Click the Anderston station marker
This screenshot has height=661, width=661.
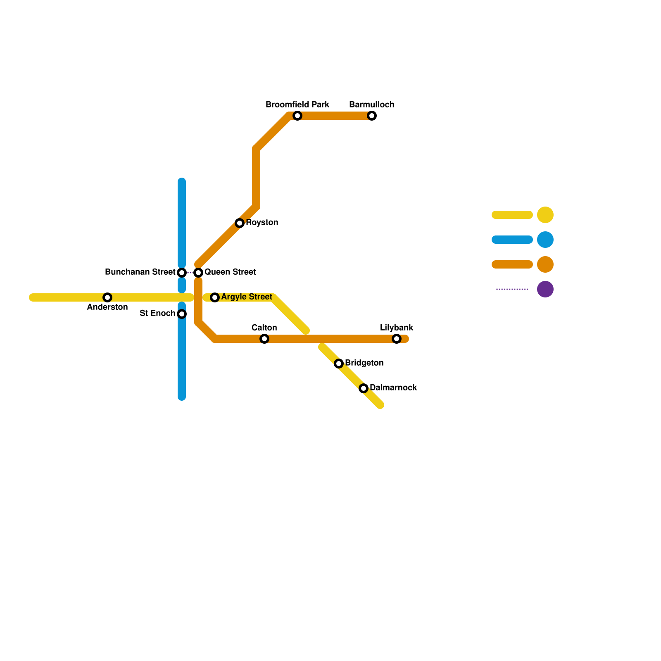[x=107, y=297]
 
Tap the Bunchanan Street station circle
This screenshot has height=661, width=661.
[x=182, y=273]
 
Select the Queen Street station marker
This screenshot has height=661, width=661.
[x=198, y=273]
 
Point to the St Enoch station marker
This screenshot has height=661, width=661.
[x=182, y=314]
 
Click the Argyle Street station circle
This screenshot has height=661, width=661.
[x=215, y=297]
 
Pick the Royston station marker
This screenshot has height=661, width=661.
[x=240, y=223]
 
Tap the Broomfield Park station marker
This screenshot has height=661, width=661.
[x=297, y=116]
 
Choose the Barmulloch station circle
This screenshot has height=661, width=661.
[x=372, y=116]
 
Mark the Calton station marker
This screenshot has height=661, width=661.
[x=264, y=339]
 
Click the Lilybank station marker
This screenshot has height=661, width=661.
[x=397, y=339]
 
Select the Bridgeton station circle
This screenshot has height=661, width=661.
[x=339, y=364]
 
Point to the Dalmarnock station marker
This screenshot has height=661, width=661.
[x=364, y=388]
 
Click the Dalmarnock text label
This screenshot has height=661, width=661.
[x=393, y=388]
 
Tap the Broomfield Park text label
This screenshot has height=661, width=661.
[x=297, y=105]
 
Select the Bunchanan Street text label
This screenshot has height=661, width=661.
[x=140, y=272]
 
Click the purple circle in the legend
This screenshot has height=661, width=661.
[x=545, y=289]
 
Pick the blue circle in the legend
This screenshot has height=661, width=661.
[x=545, y=240]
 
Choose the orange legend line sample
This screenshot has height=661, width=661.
[x=512, y=264]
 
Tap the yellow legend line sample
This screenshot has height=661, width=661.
[x=512, y=215]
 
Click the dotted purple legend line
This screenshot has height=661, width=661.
[x=512, y=289]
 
